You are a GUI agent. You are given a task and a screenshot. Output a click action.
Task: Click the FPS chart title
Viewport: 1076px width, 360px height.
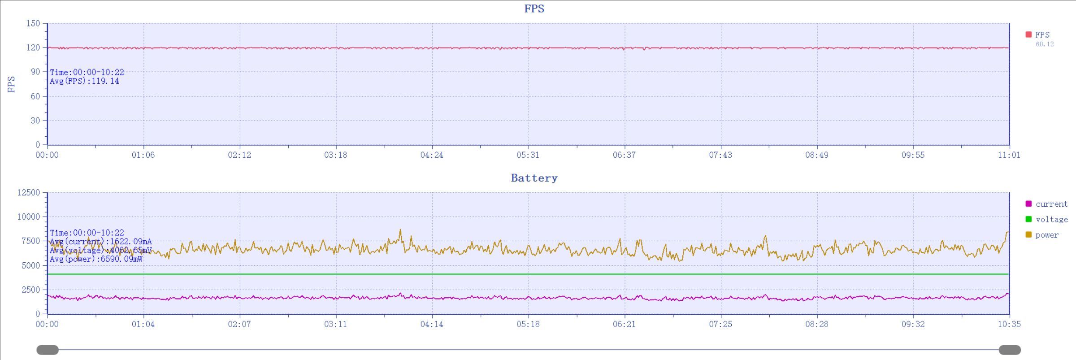[534, 9]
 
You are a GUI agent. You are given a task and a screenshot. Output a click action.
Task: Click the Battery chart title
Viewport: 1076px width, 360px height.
[534, 178]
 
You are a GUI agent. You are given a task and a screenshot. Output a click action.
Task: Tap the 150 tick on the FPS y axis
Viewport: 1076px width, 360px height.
[33, 23]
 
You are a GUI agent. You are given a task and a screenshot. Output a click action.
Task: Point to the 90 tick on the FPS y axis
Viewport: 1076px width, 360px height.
[35, 72]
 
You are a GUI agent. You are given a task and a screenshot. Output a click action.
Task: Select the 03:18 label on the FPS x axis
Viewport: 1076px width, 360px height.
[335, 155]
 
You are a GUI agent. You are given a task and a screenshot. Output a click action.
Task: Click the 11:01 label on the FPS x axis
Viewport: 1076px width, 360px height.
[1009, 155]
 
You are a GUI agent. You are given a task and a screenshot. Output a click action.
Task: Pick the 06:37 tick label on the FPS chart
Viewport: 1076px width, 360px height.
[624, 155]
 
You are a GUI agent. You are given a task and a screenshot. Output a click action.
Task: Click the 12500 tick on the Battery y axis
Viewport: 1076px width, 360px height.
[29, 193]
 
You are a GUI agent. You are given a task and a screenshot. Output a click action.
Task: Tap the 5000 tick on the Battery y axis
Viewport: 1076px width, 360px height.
[31, 265]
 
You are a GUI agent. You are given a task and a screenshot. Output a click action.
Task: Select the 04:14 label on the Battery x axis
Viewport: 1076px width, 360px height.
[432, 324]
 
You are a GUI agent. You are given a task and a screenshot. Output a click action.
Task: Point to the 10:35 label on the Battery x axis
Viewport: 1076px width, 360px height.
[1009, 324]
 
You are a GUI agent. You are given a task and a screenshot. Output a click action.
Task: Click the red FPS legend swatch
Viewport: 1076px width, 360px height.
[1028, 35]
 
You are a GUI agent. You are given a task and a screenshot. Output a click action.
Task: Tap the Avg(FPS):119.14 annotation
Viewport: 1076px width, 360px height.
[85, 81]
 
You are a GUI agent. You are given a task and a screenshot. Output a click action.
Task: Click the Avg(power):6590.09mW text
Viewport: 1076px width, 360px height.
[96, 259]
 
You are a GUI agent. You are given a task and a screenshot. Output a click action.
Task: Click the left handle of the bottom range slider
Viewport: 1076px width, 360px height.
[48, 350]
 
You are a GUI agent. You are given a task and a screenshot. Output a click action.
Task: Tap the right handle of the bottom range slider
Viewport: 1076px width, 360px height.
[1010, 350]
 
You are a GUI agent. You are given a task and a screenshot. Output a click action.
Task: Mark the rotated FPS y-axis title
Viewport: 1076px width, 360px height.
[12, 84]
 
